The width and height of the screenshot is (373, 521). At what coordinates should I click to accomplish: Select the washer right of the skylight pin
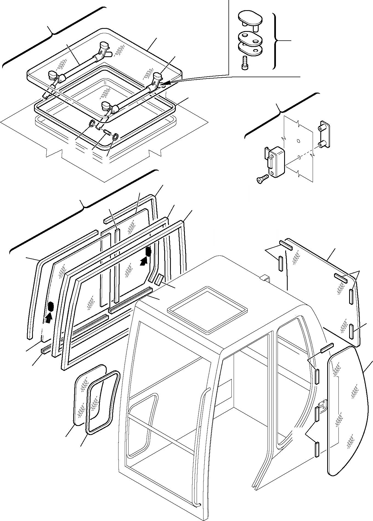(x=115, y=136)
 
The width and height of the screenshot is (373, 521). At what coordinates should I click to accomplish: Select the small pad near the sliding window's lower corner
(x=159, y=280)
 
